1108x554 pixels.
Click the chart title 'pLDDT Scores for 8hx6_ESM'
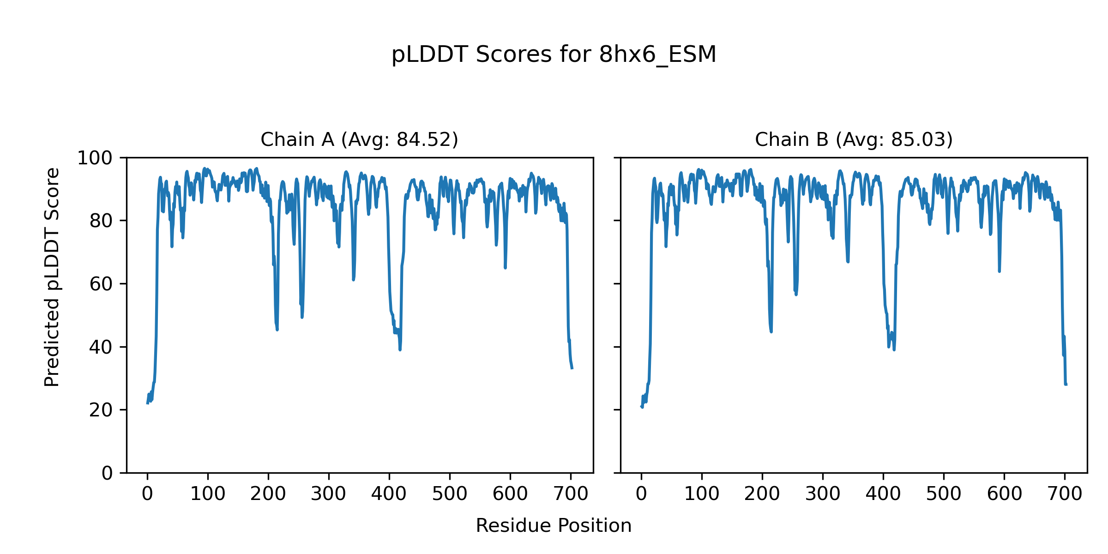[554, 55]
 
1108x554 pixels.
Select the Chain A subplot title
[359, 139]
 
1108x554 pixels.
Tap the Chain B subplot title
[854, 139]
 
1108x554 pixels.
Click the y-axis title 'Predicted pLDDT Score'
[52, 277]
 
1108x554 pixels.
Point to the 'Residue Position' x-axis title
[554, 526]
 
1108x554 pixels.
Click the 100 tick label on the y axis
[95, 158]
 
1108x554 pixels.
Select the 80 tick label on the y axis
[101, 221]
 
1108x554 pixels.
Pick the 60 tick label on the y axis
[101, 284]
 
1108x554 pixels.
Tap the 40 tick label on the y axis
[101, 347]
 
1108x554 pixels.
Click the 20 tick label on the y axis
[101, 410]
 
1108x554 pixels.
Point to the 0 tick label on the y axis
[107, 473]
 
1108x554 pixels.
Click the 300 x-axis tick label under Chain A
[328, 494]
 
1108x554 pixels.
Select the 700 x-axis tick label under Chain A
[571, 494]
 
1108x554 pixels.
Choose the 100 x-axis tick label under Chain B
[702, 494]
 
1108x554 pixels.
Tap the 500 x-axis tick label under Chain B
[944, 494]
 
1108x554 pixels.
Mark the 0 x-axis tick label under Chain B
[641, 494]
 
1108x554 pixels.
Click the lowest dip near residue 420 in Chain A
[400, 349]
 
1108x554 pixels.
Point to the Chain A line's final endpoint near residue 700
[572, 368]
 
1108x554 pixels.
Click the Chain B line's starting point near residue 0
[641, 406]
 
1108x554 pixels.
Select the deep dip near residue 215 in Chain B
[771, 331]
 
